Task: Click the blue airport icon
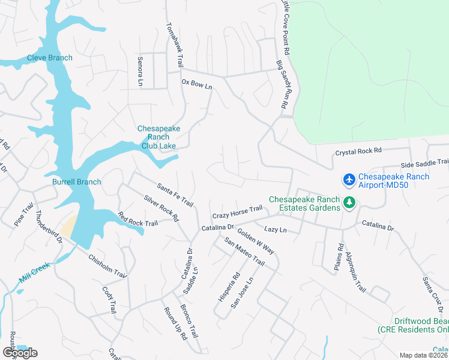(349, 179)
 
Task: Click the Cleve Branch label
(49, 58)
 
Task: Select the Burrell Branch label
(76, 182)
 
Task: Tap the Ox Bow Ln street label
(197, 85)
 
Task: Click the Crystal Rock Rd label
(358, 152)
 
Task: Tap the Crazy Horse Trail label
(237, 212)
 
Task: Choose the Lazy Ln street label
(276, 230)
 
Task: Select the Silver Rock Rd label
(161, 208)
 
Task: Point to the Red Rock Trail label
(137, 220)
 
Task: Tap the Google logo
(20, 353)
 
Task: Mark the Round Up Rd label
(175, 324)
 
